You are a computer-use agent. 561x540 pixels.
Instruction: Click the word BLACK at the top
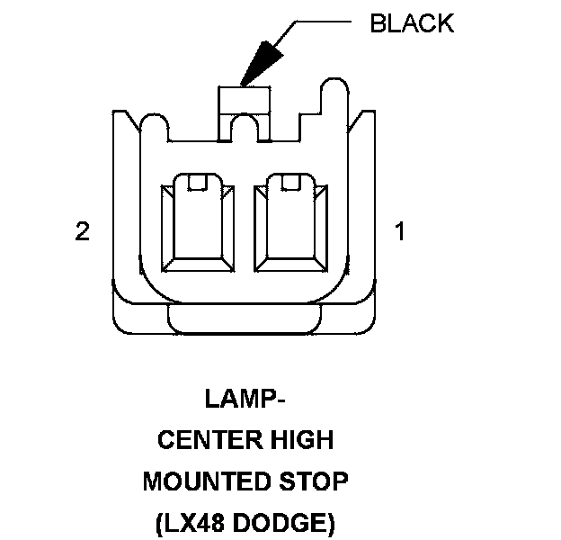(412, 23)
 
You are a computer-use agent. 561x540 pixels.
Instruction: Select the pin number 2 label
(83, 231)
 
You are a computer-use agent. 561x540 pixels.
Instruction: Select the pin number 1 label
(400, 231)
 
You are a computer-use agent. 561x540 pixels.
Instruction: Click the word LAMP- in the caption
(245, 399)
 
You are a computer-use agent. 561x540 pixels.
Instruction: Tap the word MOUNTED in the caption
(206, 481)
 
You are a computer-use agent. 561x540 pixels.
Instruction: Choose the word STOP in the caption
(314, 481)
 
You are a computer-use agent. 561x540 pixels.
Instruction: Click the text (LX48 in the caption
(190, 523)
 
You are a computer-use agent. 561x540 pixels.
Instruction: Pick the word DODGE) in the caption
(284, 523)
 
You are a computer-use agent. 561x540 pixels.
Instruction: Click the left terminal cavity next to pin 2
(198, 222)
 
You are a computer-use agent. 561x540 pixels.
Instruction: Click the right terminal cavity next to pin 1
(290, 222)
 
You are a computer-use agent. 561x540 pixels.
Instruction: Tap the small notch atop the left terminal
(198, 182)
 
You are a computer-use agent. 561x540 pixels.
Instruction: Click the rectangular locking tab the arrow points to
(244, 101)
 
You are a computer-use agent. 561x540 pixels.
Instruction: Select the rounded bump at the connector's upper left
(155, 123)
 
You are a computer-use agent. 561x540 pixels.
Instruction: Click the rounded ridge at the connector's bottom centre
(245, 319)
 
